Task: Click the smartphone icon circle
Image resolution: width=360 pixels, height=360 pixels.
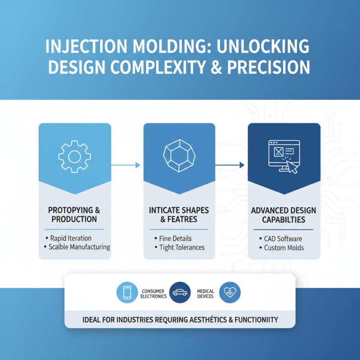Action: point(127,293)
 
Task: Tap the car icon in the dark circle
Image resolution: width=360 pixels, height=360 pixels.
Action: point(180,293)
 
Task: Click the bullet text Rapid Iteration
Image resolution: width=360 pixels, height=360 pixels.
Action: point(71,238)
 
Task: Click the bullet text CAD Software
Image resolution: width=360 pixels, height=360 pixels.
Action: point(283,238)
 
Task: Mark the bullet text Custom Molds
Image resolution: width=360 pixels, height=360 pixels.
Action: point(284,247)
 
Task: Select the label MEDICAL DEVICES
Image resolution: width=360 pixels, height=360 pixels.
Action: point(205,293)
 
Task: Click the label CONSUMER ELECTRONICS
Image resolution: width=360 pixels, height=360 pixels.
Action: point(153,293)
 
